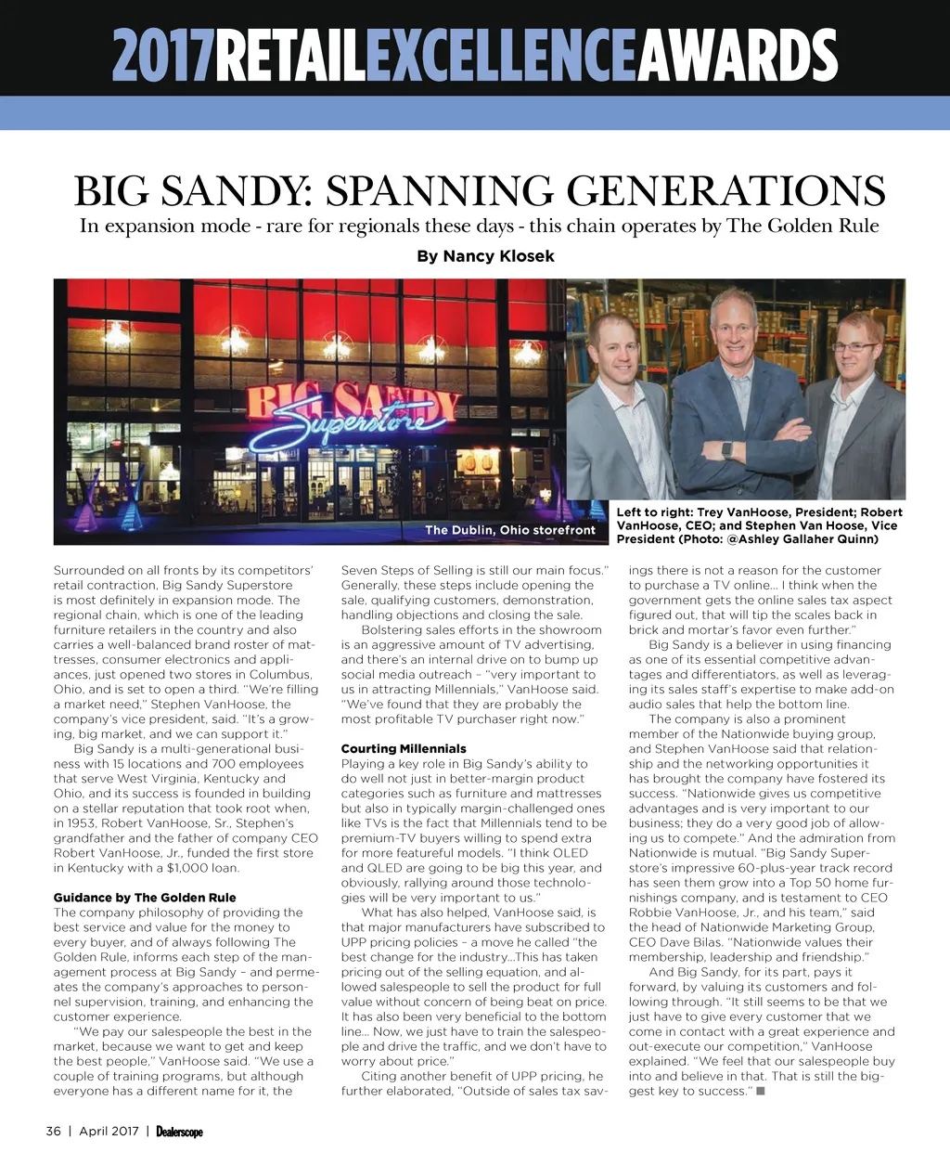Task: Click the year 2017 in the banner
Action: click(163, 56)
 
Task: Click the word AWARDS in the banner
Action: click(738, 56)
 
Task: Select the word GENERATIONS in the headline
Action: click(725, 191)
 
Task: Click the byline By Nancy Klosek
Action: click(485, 256)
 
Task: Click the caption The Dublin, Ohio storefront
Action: click(509, 530)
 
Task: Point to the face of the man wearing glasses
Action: click(854, 349)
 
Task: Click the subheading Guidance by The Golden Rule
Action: click(145, 898)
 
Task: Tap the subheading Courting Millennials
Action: click(404, 748)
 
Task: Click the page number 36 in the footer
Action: click(54, 1131)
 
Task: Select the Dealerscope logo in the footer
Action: click(179, 1132)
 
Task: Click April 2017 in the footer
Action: click(109, 1131)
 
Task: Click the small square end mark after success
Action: click(761, 1091)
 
